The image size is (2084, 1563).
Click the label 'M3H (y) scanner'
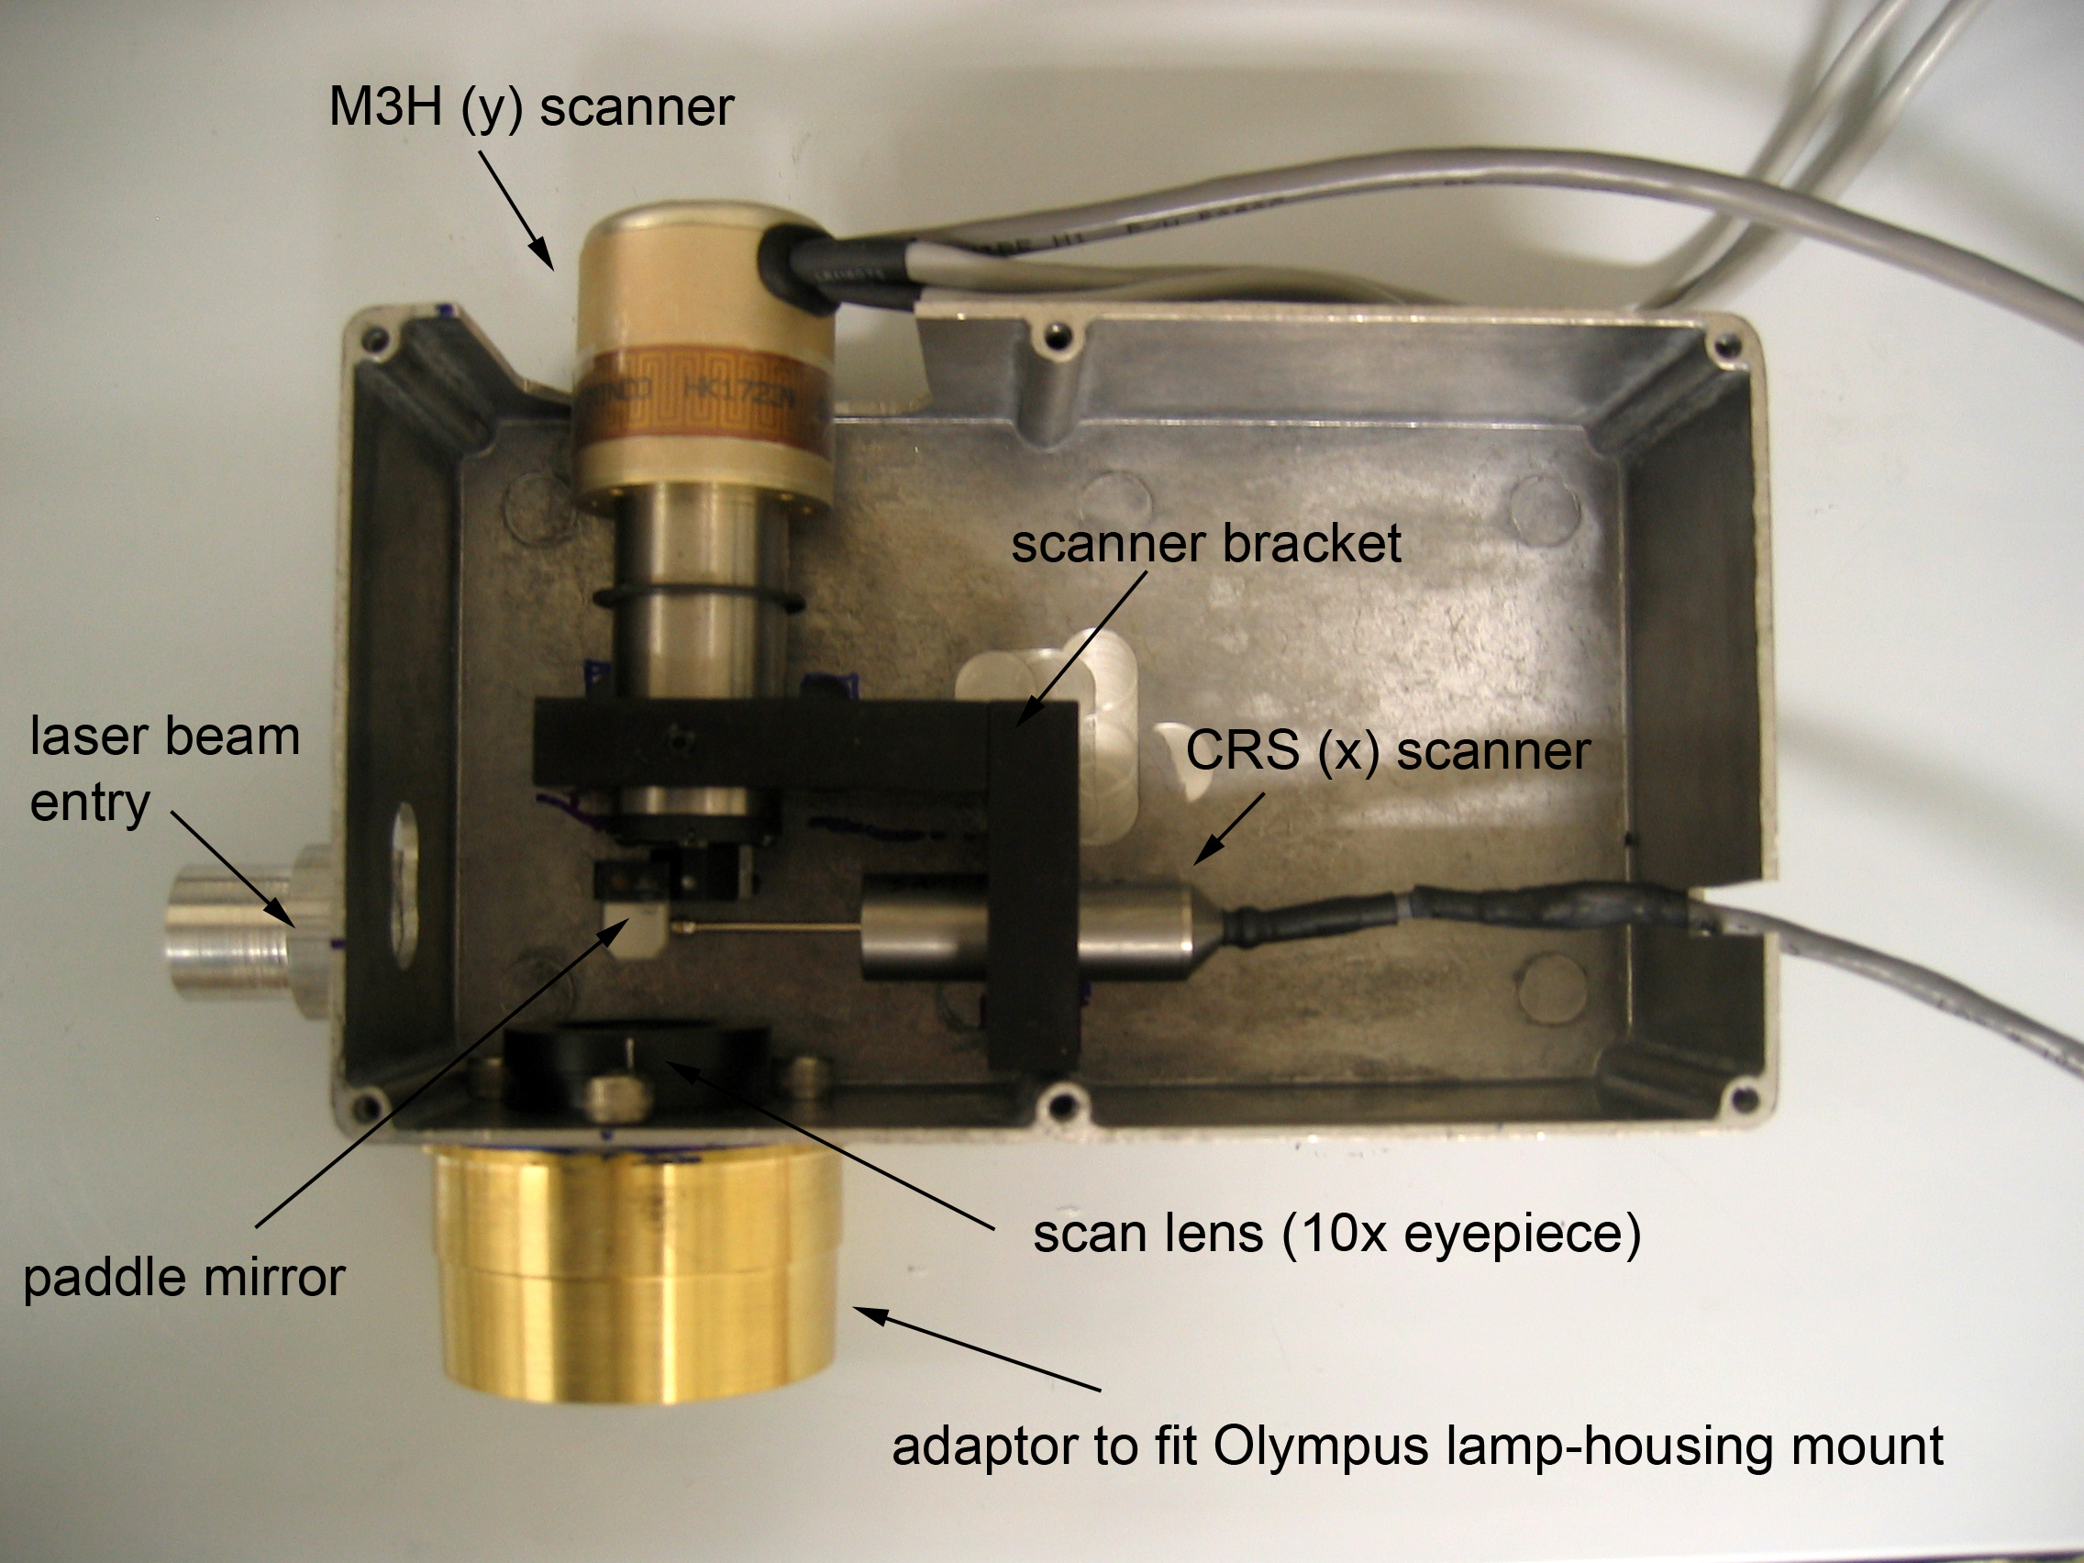point(530,106)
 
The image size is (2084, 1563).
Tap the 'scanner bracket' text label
point(1205,545)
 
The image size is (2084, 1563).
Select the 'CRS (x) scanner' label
point(1388,751)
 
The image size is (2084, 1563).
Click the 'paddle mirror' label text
point(184,1279)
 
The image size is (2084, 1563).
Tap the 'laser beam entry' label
point(164,768)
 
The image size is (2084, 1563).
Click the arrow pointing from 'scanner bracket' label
point(1083,650)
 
